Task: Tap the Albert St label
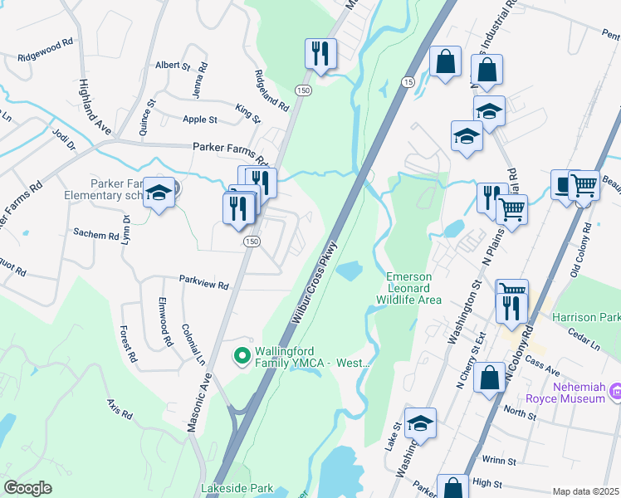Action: coord(174,65)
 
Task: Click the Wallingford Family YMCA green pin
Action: coord(242,356)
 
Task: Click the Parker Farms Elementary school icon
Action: coord(158,194)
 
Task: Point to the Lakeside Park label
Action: coord(237,489)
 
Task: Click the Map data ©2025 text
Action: coord(585,491)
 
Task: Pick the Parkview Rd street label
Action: coord(203,284)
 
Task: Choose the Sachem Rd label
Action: coord(96,235)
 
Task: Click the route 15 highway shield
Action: coord(407,82)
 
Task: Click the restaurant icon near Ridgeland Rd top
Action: coord(320,54)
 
